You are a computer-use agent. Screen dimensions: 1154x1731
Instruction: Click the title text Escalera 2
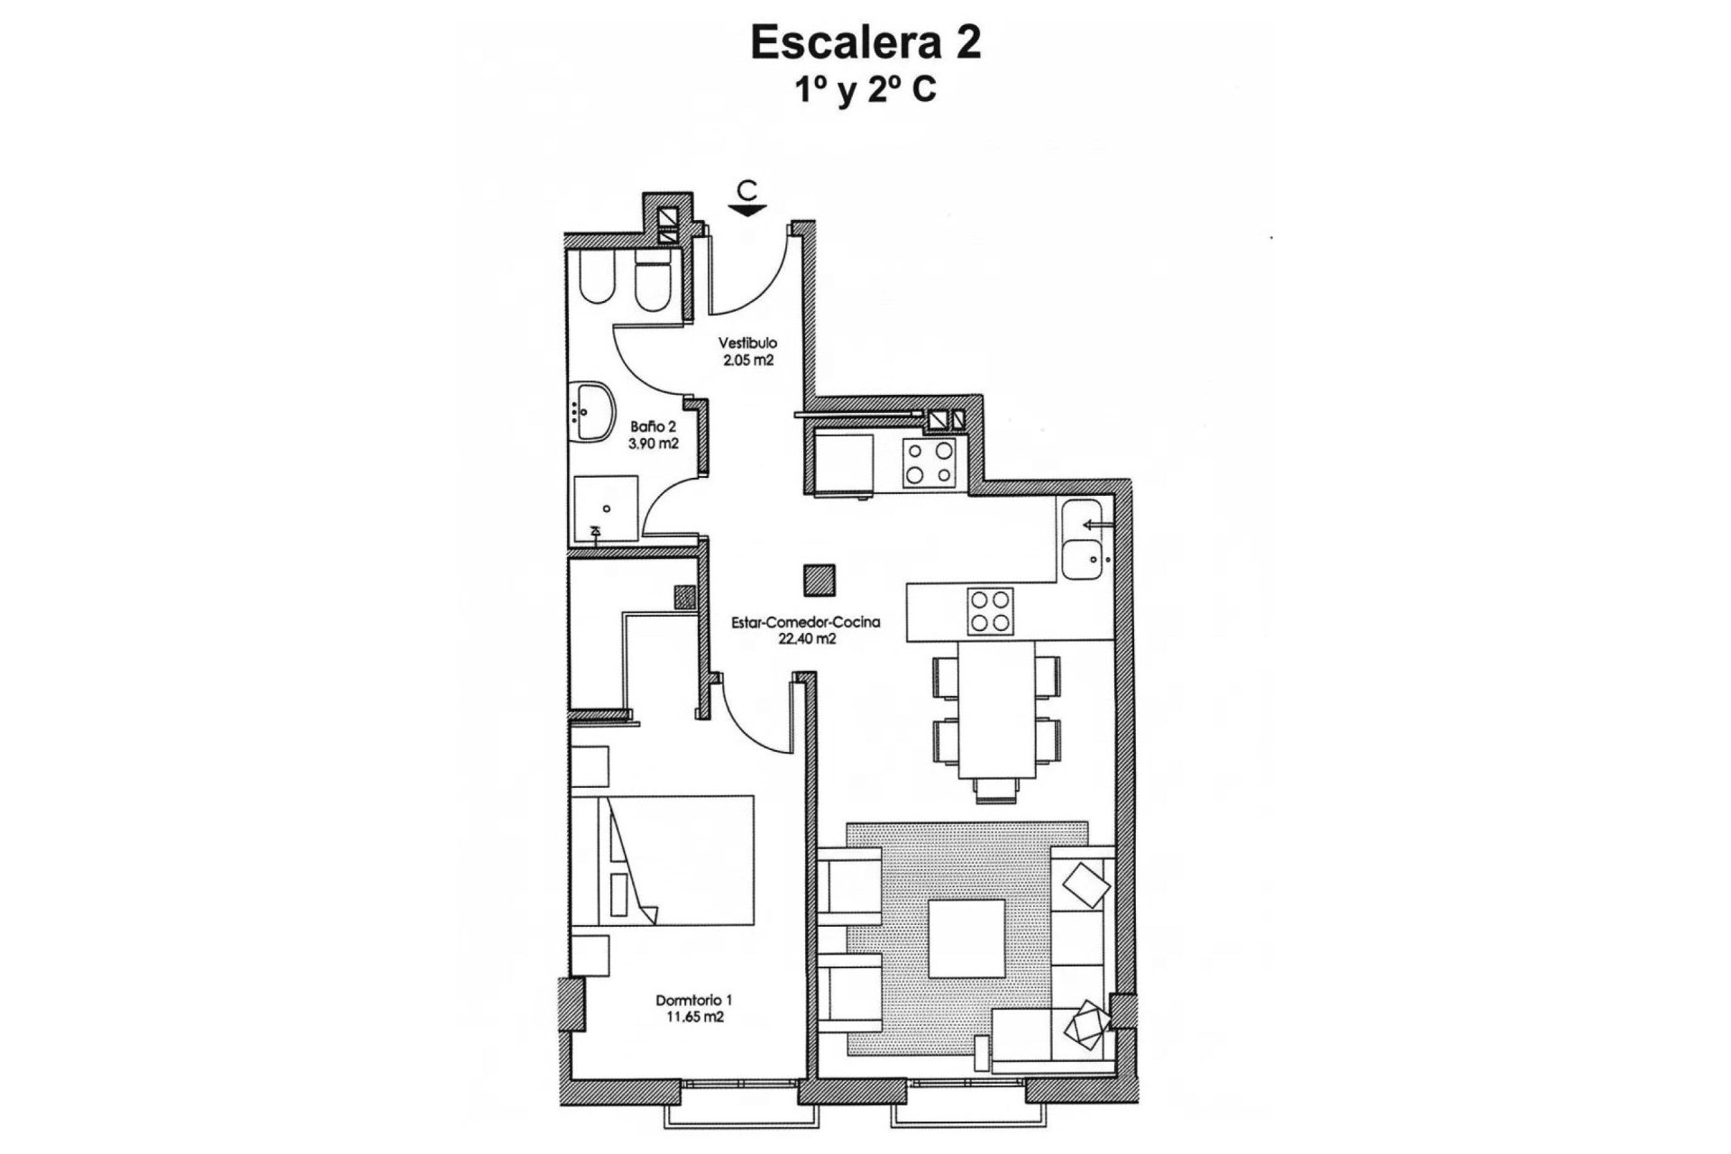pyautogui.click(x=865, y=43)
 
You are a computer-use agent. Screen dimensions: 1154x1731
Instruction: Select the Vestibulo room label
pyautogui.click(x=747, y=343)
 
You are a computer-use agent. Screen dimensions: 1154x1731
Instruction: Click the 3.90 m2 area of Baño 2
pyautogui.click(x=654, y=444)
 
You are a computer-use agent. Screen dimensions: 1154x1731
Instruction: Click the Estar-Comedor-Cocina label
pyautogui.click(x=805, y=622)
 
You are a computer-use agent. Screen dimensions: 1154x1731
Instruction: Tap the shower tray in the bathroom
pyautogui.click(x=605, y=508)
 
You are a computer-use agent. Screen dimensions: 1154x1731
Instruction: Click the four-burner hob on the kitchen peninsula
pyautogui.click(x=990, y=611)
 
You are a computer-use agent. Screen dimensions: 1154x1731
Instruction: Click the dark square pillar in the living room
pyautogui.click(x=820, y=579)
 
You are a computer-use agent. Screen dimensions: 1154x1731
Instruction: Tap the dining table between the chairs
pyautogui.click(x=996, y=710)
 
